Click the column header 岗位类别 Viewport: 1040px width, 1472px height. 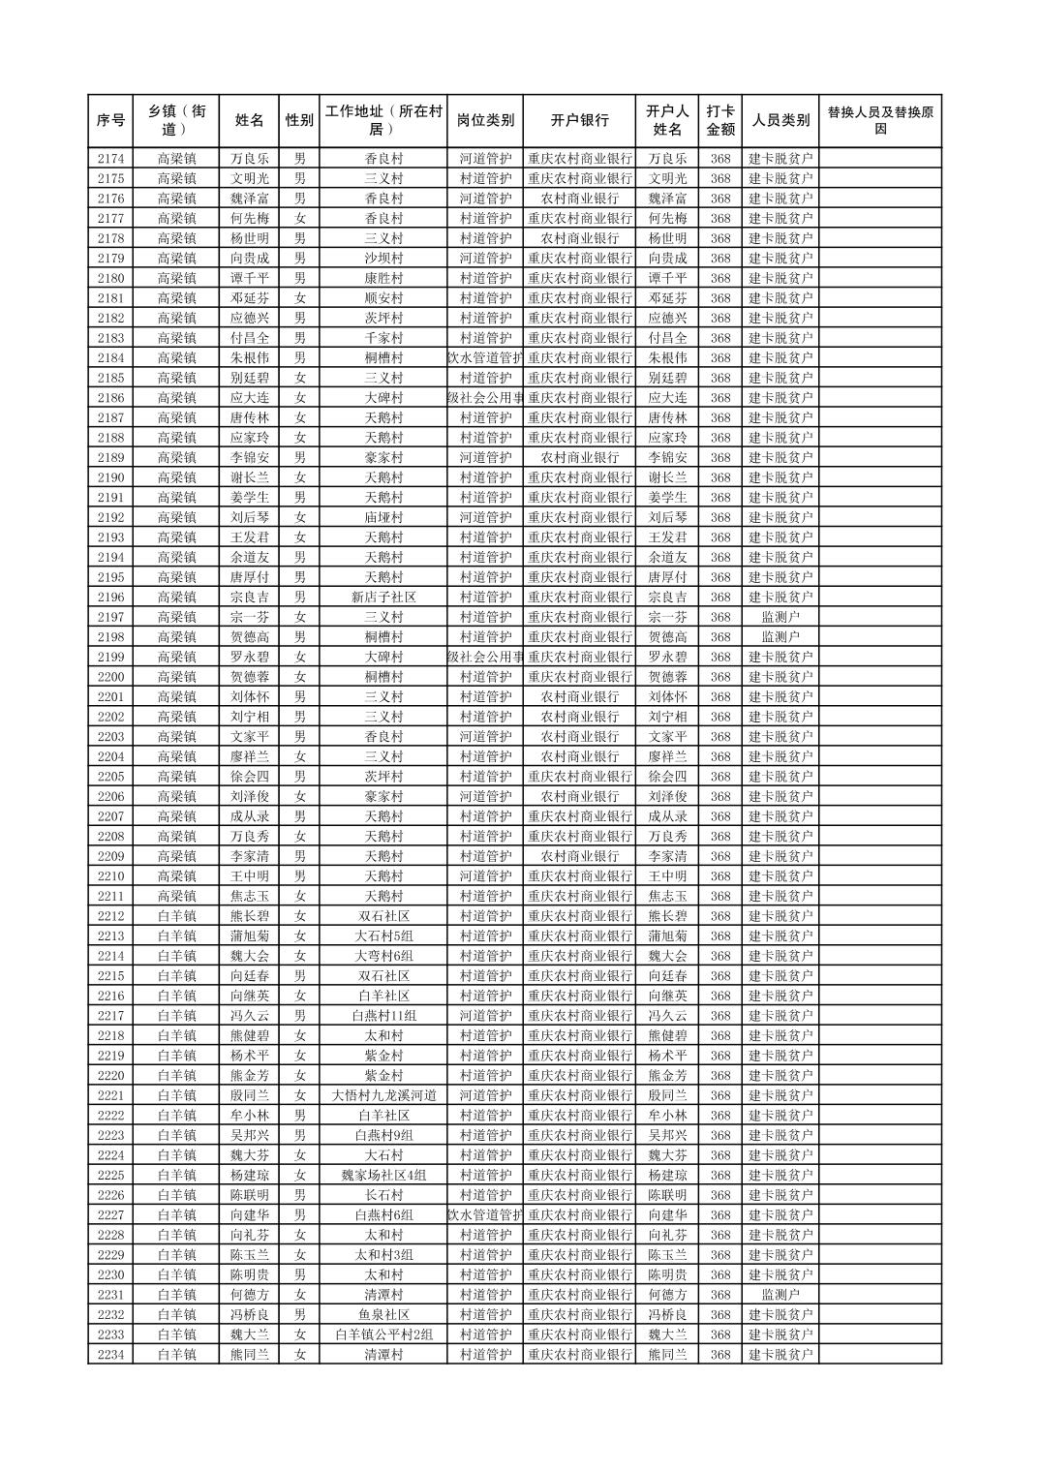[485, 121]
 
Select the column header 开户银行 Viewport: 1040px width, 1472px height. [579, 121]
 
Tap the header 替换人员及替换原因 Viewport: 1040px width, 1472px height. [879, 121]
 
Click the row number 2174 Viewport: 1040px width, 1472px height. [111, 159]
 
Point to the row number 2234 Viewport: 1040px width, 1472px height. [111, 1355]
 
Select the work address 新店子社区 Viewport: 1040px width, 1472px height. [383, 598]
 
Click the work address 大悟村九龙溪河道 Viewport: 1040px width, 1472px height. [383, 1096]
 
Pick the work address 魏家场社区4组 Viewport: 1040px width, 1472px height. [383, 1176]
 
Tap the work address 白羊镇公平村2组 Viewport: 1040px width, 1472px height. [383, 1335]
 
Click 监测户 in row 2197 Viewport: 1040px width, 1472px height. [780, 617]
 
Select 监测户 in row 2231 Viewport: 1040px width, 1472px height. [780, 1295]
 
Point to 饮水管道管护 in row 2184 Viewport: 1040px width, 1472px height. [485, 358]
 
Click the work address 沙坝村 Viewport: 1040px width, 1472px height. [383, 259]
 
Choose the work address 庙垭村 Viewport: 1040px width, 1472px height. [383, 517]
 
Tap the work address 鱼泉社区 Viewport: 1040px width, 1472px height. [383, 1315]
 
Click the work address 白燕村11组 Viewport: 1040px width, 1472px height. [383, 1016]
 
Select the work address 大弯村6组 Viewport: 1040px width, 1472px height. [383, 956]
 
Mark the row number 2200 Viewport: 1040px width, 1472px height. [111, 677]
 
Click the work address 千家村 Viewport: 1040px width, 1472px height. [383, 338]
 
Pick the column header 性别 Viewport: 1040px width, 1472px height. [299, 121]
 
